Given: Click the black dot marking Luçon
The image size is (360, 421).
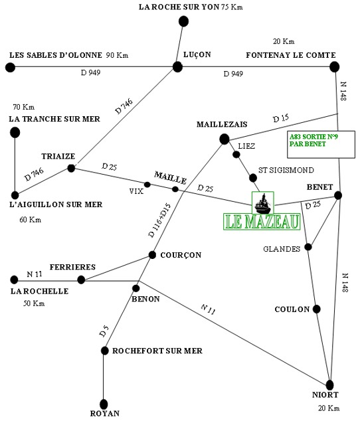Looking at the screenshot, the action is point(177,67).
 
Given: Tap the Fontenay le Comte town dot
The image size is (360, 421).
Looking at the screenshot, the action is point(334,66).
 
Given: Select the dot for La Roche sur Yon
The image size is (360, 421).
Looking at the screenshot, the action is point(183,21).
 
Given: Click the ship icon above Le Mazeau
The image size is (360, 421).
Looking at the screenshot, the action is point(263,203).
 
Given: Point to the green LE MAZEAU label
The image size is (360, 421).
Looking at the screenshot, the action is point(262,222).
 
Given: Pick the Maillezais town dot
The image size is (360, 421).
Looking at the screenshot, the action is point(225,139).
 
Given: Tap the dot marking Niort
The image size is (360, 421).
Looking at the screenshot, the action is point(330,385).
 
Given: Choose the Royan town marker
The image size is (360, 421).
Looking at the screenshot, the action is point(104,404).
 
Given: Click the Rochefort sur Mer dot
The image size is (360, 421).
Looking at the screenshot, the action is point(104,351).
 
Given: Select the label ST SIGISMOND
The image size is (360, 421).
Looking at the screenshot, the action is point(286,170).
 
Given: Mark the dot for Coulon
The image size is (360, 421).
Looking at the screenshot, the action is point(316,309).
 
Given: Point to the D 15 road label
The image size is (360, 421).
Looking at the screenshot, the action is point(281,118).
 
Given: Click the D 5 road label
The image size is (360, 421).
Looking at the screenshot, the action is point(104,331).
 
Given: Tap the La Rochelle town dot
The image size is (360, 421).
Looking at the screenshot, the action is point(14,280).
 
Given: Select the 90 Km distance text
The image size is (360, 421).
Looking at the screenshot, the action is point(117,55).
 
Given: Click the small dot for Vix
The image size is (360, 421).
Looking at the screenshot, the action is point(147,185).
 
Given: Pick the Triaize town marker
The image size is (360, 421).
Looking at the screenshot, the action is point(71,169).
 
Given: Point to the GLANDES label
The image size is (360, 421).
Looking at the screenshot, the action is point(282,249).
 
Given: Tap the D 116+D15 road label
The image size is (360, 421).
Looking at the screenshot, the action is point(159,220).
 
